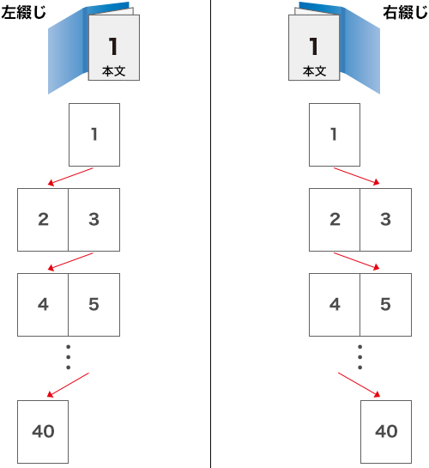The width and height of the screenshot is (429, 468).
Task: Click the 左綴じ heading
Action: [x=23, y=13]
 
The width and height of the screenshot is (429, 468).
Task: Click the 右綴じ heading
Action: [x=405, y=13]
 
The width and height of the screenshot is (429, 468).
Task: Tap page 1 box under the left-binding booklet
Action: [x=94, y=135]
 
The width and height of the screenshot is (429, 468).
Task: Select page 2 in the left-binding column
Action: [x=43, y=220]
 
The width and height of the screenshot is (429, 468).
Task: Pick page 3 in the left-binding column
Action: [x=94, y=220]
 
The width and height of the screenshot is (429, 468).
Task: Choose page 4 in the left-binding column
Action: [x=43, y=305]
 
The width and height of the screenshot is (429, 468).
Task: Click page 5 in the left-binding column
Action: [x=94, y=305]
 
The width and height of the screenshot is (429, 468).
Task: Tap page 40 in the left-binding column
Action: [x=43, y=432]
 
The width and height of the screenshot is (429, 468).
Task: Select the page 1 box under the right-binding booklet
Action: [x=335, y=135]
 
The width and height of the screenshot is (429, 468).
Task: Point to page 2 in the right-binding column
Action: [x=335, y=220]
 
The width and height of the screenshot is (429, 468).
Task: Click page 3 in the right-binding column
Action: [x=386, y=220]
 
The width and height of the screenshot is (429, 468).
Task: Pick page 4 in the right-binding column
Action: [x=335, y=305]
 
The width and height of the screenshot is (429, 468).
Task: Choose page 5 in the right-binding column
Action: [x=386, y=305]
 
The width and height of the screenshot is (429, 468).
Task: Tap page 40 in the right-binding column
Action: [x=386, y=432]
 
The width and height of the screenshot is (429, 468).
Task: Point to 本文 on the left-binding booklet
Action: [x=113, y=71]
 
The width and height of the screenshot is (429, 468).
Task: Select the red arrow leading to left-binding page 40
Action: [x=68, y=385]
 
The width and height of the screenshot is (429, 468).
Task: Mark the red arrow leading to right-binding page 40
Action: [x=360, y=385]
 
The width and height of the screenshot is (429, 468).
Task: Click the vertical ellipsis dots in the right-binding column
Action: [x=360, y=357]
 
